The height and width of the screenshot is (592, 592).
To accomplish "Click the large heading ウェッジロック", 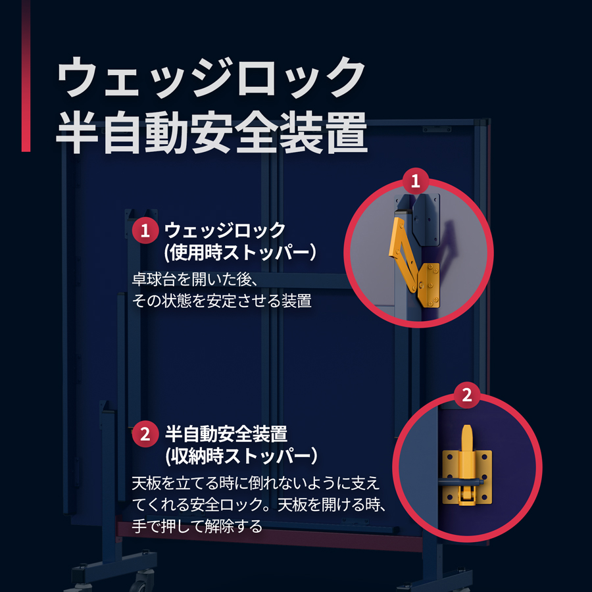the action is tap(211, 78).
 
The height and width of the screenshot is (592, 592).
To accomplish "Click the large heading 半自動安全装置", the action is tap(212, 132).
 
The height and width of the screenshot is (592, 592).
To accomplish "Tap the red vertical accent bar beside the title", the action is tap(26, 76).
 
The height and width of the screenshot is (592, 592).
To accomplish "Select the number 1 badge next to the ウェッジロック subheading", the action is tap(145, 230).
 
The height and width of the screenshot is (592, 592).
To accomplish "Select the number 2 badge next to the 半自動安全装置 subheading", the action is tap(145, 434).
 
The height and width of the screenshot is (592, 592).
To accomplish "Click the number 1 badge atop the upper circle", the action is tap(415, 181).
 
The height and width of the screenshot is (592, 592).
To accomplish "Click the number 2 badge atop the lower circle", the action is tap(467, 395).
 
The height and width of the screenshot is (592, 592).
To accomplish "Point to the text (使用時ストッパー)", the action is tap(240, 252).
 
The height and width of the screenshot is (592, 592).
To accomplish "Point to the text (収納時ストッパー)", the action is tap(241, 456).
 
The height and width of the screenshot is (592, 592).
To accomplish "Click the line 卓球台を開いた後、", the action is tap(195, 280).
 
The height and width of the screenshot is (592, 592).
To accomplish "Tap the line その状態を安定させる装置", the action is tap(222, 301).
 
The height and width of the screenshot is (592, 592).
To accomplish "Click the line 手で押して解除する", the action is tap(197, 526).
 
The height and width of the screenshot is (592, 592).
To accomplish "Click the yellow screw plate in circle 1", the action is tap(429, 285).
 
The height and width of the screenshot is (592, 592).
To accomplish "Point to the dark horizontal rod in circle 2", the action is tap(461, 481).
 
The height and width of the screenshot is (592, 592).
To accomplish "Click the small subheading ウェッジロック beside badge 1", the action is tap(225, 230).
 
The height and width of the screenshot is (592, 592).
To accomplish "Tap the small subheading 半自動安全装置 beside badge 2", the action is tap(226, 434).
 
